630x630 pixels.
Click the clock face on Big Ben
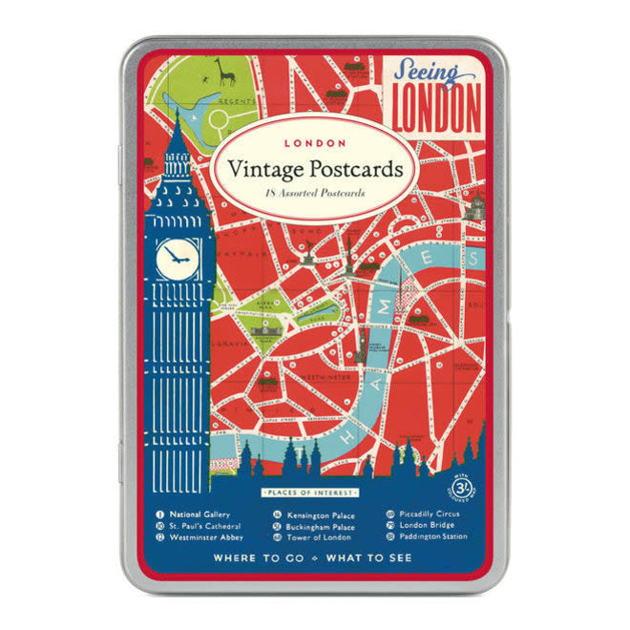click(178, 257)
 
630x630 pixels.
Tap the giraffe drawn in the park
click(225, 72)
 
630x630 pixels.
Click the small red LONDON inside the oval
click(314, 142)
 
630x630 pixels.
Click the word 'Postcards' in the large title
click(355, 169)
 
